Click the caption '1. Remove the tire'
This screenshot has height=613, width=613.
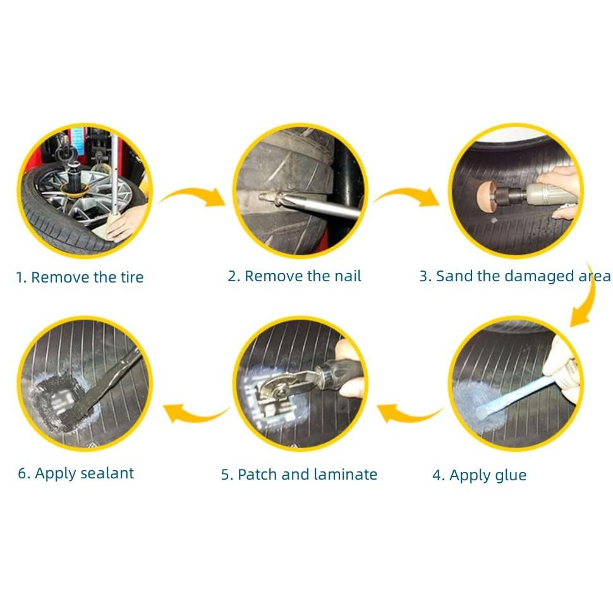(80, 277)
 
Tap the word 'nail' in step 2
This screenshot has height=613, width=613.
(348, 276)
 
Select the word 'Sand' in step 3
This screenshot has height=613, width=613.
(454, 276)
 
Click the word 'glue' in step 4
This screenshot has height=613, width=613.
(511, 475)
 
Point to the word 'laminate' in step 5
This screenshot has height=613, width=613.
(345, 474)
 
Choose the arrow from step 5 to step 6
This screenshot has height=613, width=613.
(195, 414)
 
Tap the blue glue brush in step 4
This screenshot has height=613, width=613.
(516, 395)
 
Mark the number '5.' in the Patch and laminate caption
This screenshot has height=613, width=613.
(227, 475)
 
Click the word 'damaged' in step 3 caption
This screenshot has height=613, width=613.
(540, 277)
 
